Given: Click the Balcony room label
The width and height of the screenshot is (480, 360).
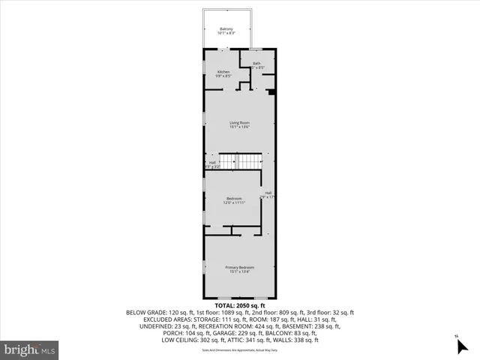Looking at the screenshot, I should point(226,30).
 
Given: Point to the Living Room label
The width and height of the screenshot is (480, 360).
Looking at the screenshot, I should point(239,124).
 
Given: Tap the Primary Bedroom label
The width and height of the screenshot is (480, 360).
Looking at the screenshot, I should point(240,269).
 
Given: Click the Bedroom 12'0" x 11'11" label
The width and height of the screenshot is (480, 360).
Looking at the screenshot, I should point(234,200).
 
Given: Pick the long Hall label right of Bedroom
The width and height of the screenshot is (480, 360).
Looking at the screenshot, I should point(268,195).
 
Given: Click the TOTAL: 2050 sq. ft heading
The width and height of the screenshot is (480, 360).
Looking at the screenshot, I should point(239,306).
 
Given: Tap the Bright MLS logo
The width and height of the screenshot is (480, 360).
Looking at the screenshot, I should point(30,349).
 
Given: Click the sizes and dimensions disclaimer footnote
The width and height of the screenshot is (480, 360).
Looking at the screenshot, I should point(239,349).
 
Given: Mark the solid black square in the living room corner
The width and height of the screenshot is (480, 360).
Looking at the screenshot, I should point(271,92).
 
